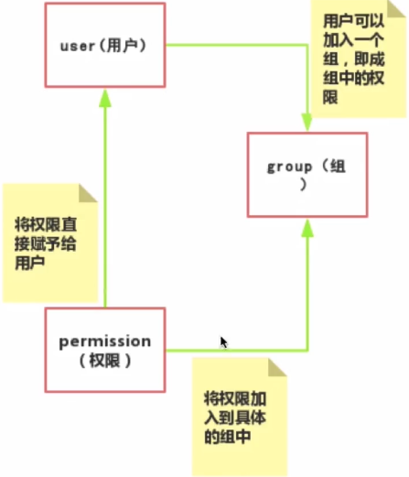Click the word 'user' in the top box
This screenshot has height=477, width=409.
point(78,47)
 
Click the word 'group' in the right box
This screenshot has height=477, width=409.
point(290,168)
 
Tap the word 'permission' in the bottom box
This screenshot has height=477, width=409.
point(105,341)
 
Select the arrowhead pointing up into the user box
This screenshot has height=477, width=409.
point(105,98)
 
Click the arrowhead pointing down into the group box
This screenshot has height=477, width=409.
point(307,122)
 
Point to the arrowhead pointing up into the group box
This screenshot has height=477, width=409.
point(307,228)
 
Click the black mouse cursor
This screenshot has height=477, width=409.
point(224,342)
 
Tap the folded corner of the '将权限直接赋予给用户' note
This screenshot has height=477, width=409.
point(88,193)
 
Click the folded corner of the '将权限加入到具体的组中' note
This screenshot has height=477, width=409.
point(277,367)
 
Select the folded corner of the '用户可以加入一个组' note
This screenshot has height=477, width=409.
point(396,8)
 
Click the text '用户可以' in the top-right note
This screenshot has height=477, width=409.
point(353,21)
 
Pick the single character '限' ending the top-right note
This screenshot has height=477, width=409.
point(330,97)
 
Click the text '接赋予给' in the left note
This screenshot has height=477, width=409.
point(46,244)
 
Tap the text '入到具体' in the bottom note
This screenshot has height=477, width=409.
point(235,417)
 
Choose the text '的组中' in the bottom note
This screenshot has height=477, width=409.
point(227,437)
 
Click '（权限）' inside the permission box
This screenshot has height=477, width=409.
point(105,361)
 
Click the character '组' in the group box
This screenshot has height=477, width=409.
point(338,167)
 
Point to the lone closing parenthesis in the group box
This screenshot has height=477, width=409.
point(303,184)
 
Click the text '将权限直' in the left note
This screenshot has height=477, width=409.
point(46,224)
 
